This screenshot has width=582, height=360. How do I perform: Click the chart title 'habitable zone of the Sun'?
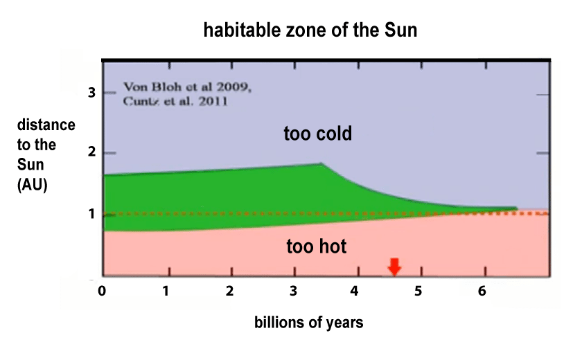(310, 31)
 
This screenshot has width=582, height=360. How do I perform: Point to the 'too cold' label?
(318, 134)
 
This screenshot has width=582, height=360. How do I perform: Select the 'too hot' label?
(317, 246)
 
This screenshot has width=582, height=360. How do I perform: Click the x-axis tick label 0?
(103, 291)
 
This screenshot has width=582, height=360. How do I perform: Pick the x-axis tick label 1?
(166, 291)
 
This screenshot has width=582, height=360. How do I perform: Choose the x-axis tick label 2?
(229, 291)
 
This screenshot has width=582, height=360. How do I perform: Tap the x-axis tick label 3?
(293, 291)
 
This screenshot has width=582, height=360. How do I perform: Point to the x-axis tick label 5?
(418, 291)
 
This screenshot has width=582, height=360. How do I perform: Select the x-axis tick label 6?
(482, 291)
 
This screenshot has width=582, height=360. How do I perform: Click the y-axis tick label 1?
(90, 214)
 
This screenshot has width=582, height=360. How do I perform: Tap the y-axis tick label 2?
(90, 153)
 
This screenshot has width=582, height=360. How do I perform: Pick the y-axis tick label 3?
(90, 93)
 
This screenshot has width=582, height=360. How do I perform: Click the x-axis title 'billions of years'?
(308, 323)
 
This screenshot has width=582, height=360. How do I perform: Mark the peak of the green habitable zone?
(321, 164)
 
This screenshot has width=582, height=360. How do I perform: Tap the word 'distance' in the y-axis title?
(46, 125)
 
